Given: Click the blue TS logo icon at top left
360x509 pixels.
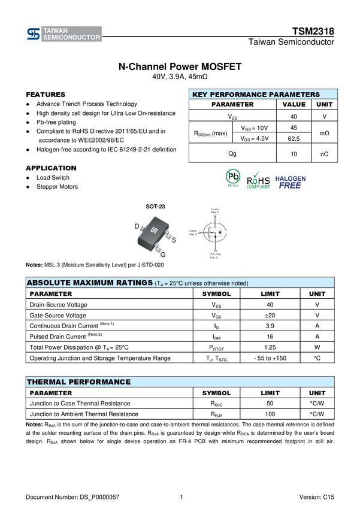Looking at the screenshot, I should (34, 35).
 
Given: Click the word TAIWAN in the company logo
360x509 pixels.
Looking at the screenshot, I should (57, 31).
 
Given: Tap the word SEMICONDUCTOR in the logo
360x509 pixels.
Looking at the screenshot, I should (72, 38).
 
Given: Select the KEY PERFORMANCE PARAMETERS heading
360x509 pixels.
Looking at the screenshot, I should (256, 95).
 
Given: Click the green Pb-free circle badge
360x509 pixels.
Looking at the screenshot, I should (233, 178).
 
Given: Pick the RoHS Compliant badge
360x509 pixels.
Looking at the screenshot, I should (259, 180).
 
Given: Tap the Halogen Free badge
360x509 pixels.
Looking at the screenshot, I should (290, 182).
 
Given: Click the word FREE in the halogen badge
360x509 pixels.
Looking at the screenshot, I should (290, 186).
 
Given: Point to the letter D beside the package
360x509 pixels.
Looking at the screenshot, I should (137, 226).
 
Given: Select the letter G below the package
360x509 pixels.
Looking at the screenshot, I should (162, 255).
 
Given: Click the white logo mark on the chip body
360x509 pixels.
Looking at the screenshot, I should (154, 231).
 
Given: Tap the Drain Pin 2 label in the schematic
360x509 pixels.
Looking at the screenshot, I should (215, 211).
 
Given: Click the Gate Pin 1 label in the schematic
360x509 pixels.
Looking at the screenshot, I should (193, 232).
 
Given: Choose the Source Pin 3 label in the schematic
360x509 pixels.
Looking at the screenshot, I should (215, 256).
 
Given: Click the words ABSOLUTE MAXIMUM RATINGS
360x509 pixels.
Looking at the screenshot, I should (89, 283).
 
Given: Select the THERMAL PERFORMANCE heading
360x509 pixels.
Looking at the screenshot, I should (78, 381).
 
